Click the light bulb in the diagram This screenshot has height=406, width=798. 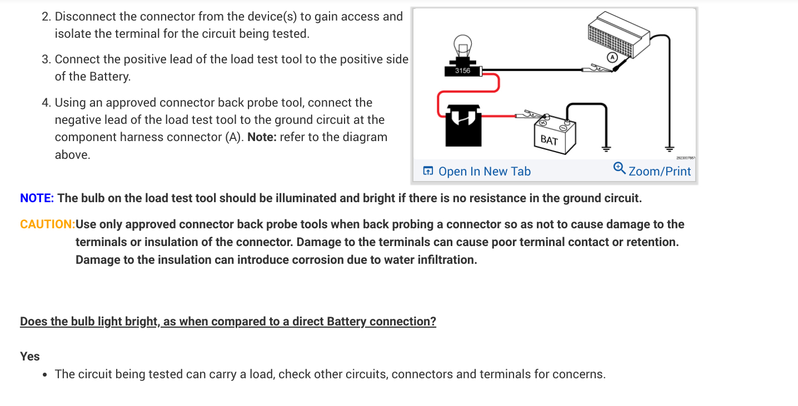[x=462, y=45]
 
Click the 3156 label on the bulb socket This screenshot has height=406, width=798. [x=462, y=71]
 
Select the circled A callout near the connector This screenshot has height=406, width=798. [x=612, y=57]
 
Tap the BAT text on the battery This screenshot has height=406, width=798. [x=549, y=140]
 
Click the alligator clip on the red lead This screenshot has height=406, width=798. [x=528, y=116]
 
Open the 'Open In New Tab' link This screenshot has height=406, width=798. [x=484, y=172]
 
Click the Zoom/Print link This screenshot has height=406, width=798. [x=660, y=172]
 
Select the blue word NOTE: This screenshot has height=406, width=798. [x=37, y=198]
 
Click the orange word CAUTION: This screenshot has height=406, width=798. [x=47, y=224]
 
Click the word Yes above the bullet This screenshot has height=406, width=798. [x=30, y=356]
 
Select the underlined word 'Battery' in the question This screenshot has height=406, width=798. [x=346, y=322]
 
